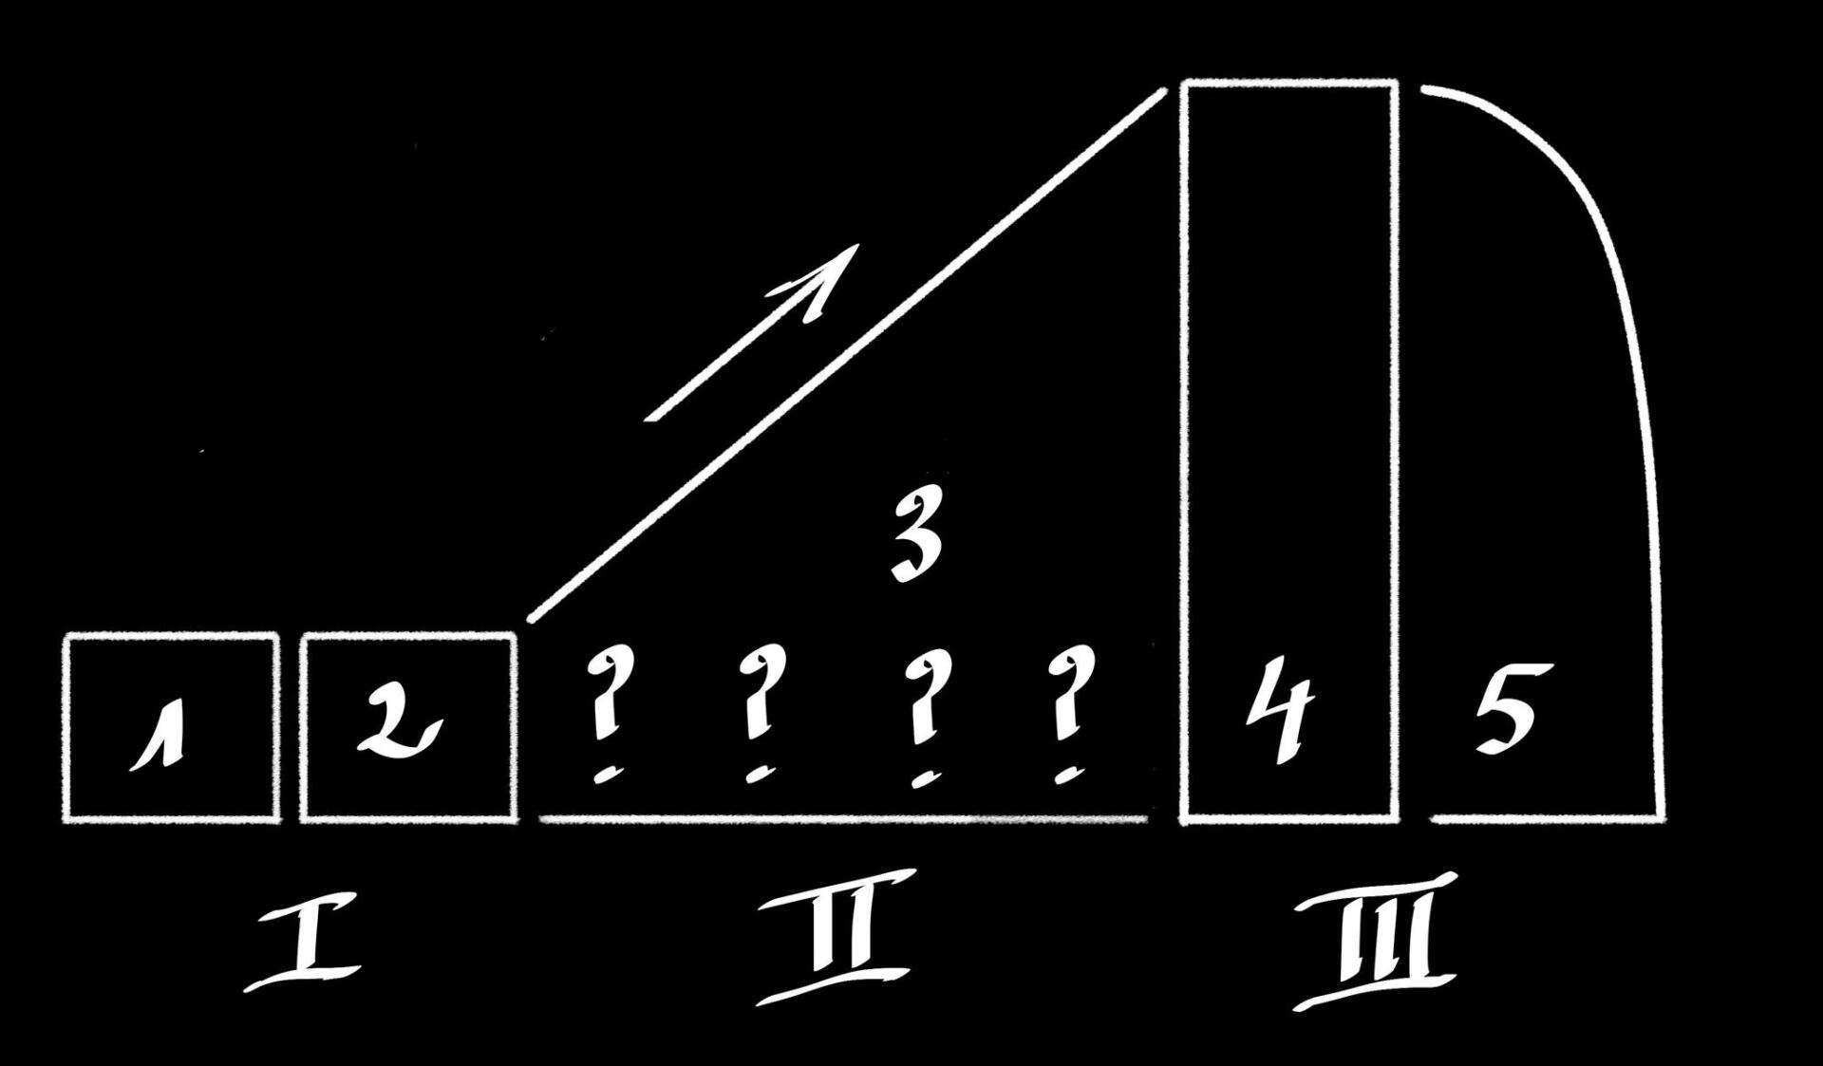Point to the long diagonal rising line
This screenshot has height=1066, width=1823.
click(x=845, y=356)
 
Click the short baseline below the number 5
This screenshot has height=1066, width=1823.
click(x=1548, y=817)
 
